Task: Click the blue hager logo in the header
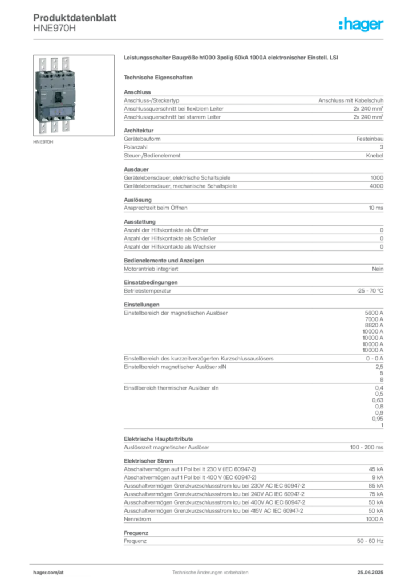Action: pyautogui.click(x=362, y=25)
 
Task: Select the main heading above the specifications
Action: pyautogui.click(x=233, y=58)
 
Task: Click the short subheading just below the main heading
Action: pyautogui.click(x=160, y=76)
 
